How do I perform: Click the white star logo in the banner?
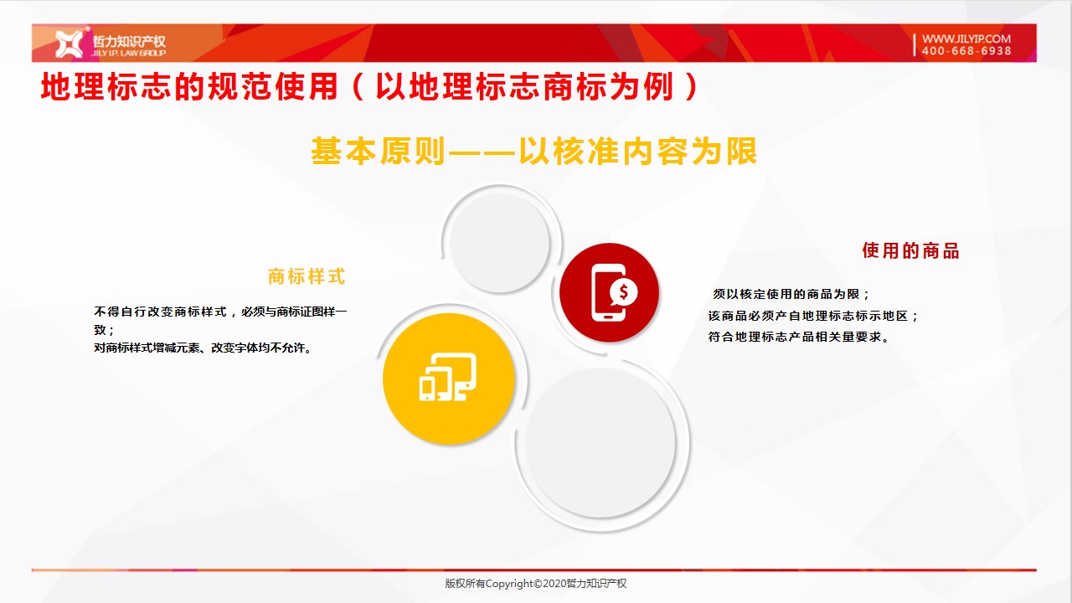tap(69, 44)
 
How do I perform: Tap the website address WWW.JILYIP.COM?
tap(966, 39)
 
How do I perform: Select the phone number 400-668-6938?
tap(966, 51)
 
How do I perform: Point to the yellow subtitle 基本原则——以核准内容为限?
tap(534, 152)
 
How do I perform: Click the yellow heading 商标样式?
tap(307, 276)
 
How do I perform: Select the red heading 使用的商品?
tap(910, 250)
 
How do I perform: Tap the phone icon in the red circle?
tap(609, 292)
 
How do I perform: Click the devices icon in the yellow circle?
tap(448, 377)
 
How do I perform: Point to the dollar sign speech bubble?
tap(623, 292)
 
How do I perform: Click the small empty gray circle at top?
tap(500, 243)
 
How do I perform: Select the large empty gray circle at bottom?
tap(600, 443)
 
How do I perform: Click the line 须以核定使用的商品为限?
tap(791, 294)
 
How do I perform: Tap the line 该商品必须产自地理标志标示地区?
tap(812, 316)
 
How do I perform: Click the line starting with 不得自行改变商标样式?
tap(220, 312)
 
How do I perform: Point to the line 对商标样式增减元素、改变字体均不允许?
tap(204, 348)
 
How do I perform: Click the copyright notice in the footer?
tap(535, 584)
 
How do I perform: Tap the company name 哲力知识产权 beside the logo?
tap(129, 41)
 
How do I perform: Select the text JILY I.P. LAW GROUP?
tap(129, 53)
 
